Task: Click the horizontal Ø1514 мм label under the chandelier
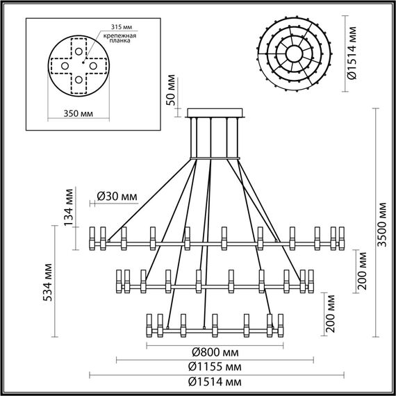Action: coord(216,381)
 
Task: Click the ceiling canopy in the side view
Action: coord(216,113)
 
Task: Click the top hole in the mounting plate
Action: coord(81,47)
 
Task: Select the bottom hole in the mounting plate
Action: coord(81,80)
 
